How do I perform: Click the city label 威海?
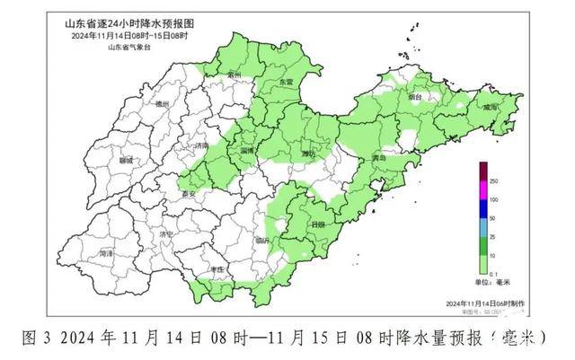(x=490, y=106)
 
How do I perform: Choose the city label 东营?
(x=286, y=82)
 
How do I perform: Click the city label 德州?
(x=162, y=105)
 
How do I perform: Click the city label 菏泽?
(x=106, y=254)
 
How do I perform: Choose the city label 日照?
(x=316, y=224)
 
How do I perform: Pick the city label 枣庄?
(x=216, y=269)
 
